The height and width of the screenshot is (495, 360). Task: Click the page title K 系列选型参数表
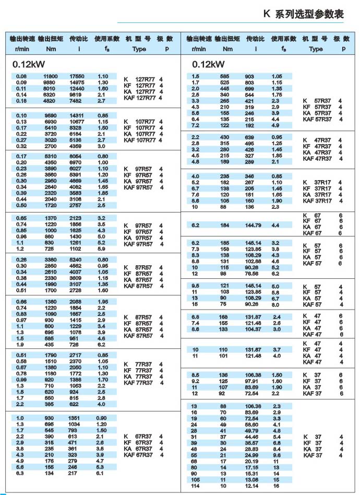[x=306, y=15]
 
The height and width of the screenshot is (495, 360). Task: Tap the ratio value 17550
[x=77, y=76]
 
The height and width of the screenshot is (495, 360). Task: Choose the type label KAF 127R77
[x=139, y=98]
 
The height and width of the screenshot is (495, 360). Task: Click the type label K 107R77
[x=139, y=122]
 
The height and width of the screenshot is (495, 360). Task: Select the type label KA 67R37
[x=139, y=449]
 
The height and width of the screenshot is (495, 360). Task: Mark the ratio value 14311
[x=77, y=115]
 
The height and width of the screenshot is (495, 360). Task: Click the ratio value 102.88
[x=253, y=261]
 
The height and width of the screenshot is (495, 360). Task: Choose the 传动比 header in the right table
[x=256, y=39]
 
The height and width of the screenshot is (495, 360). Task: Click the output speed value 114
[x=196, y=486]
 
